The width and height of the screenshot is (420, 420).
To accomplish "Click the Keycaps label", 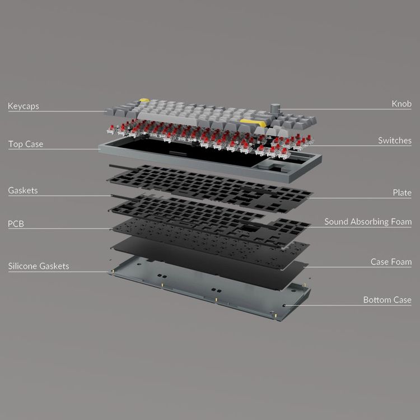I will (23, 105).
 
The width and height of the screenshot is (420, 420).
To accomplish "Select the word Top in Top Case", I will (15, 144).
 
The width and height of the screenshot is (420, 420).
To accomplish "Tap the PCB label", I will (16, 224).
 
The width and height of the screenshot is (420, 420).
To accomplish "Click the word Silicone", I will (23, 266).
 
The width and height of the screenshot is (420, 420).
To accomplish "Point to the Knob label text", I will (402, 104).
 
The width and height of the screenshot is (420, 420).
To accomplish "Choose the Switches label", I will (394, 141).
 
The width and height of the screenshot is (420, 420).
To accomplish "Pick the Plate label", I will (402, 193).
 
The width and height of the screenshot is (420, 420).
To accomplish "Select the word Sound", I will (337, 222).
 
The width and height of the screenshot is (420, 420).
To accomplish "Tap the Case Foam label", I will (391, 262).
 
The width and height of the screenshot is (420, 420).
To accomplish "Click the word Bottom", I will (377, 300).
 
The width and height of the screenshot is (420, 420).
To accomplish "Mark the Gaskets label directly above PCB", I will (23, 190).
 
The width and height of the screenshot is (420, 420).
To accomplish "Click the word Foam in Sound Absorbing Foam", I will (401, 222).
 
